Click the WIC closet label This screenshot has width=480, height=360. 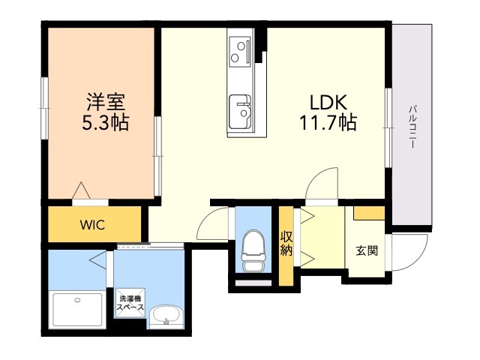pos(94,223)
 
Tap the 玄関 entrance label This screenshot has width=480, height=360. pos(366,250)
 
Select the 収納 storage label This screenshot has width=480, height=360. pos(286,244)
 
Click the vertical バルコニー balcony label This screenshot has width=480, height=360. pos(412,127)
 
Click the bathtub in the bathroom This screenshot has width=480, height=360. pos(77,307)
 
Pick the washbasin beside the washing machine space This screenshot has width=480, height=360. pos(165,317)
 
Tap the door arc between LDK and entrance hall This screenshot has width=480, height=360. pos(322,184)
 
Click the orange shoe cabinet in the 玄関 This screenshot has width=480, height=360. pos(368,214)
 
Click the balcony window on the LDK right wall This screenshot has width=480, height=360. pos(388,127)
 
